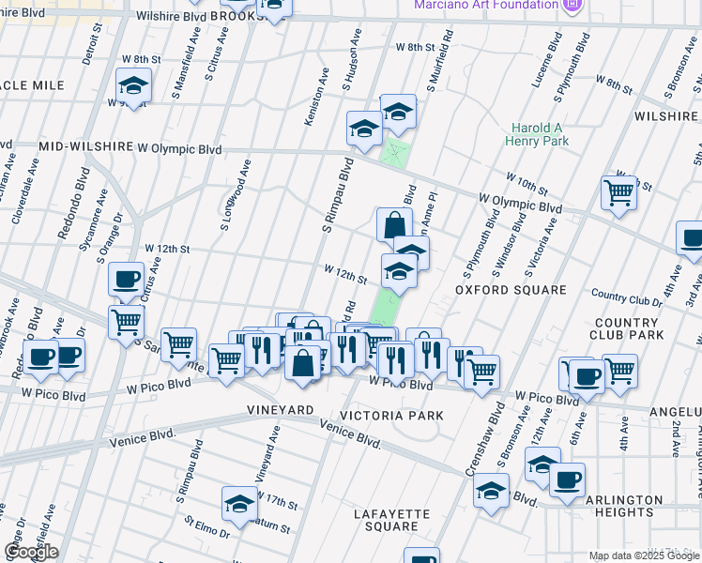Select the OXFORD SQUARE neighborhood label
coord(511,290)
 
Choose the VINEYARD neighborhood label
coord(279,411)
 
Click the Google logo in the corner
coord(31,552)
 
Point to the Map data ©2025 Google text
coord(643,555)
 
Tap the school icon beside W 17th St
coord(239,503)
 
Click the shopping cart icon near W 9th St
coord(618,192)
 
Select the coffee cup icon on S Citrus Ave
coord(126,279)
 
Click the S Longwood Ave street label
coord(236,195)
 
